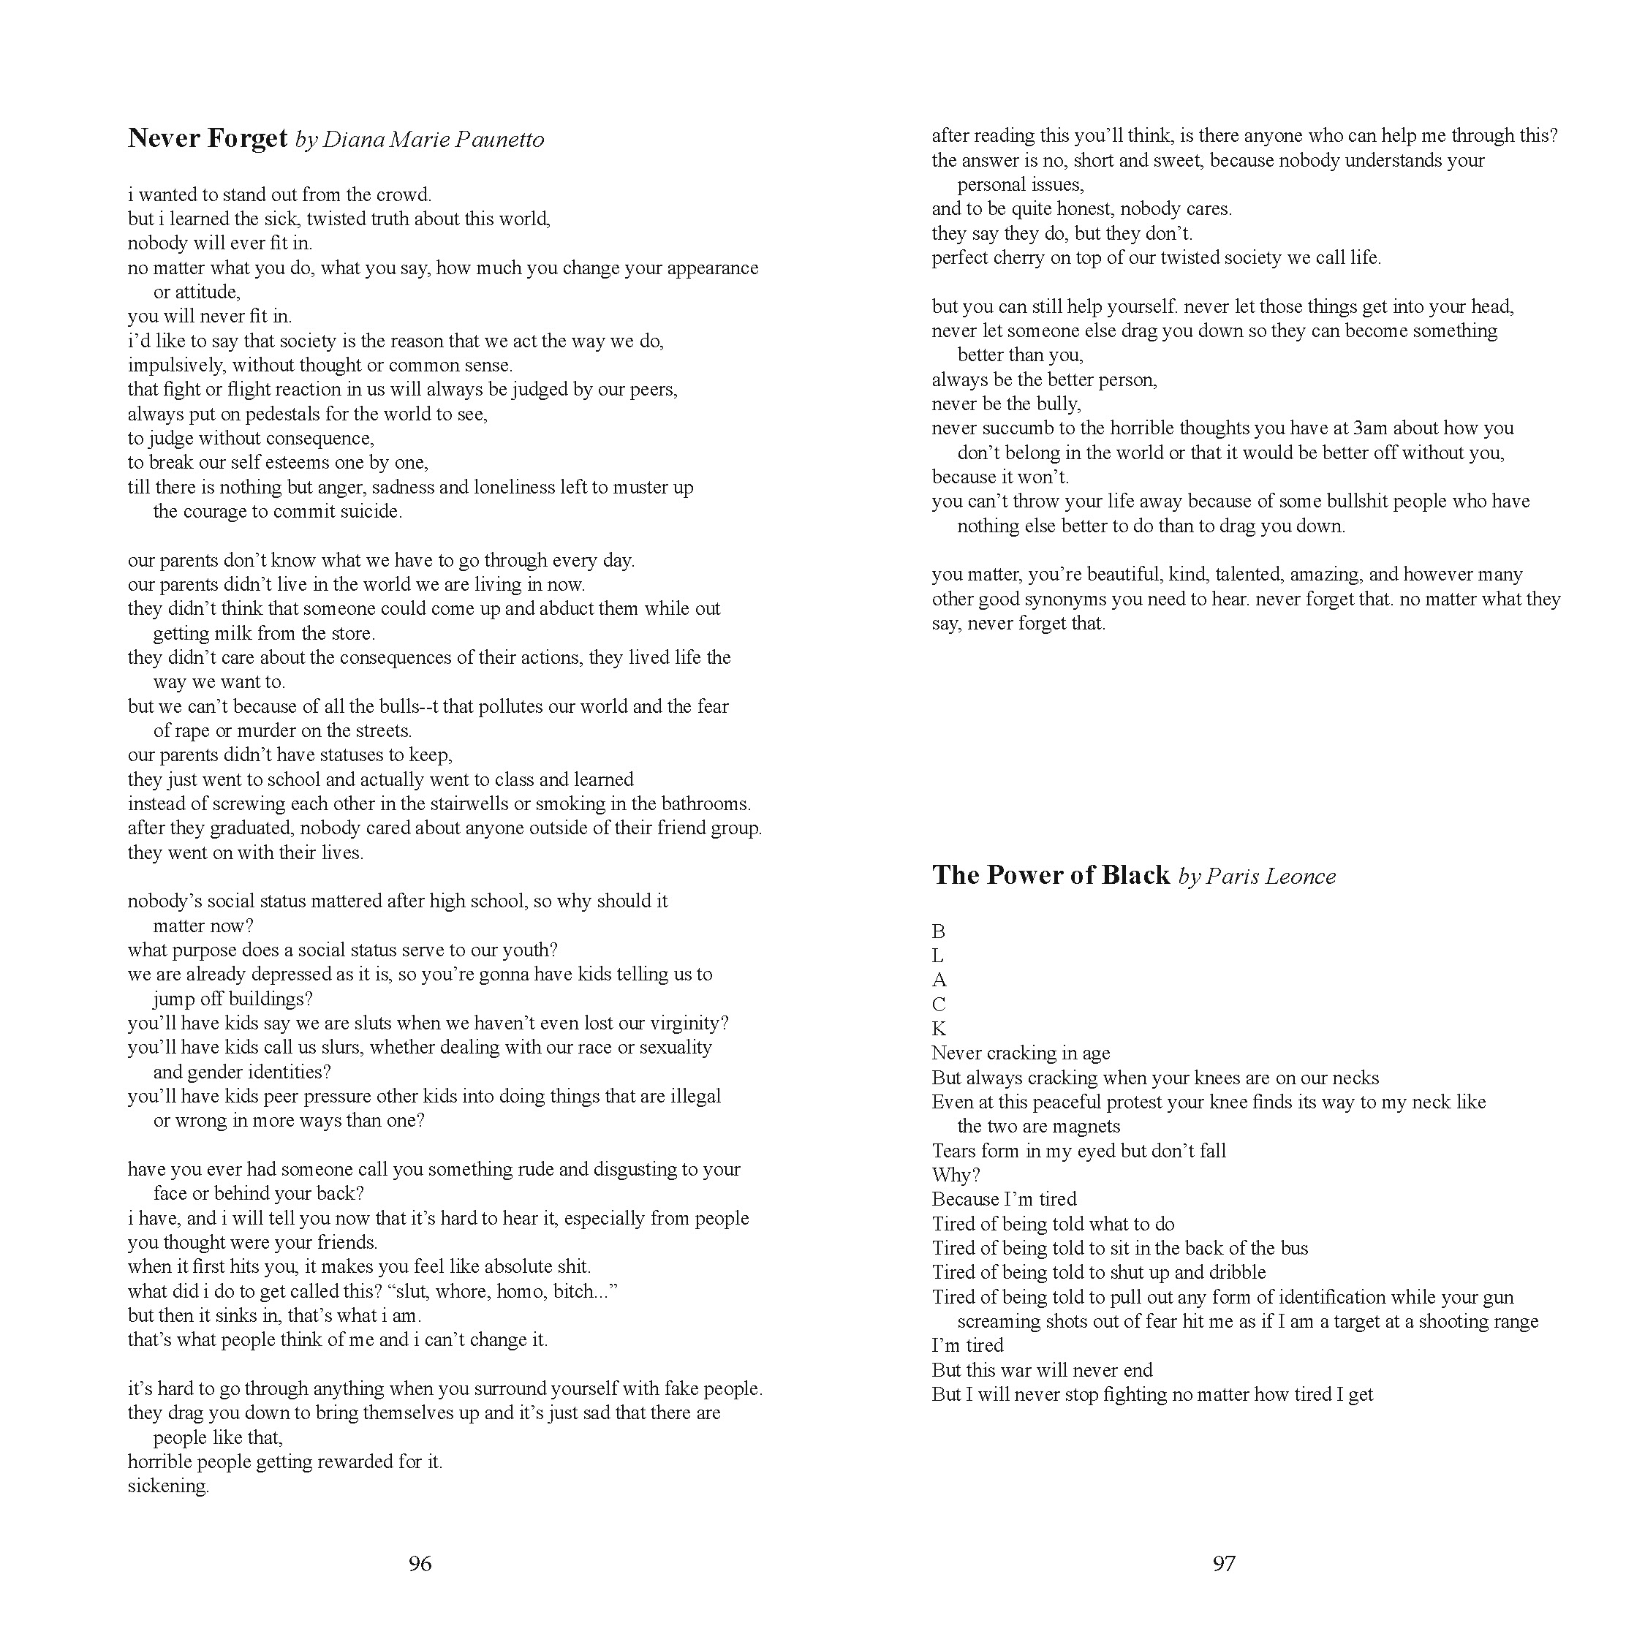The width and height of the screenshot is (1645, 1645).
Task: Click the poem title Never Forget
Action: pos(207,138)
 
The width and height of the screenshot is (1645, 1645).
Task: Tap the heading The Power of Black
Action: pos(1051,875)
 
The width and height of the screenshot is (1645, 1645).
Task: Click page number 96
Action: pos(420,1563)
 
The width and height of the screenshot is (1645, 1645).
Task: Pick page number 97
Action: pos(1224,1563)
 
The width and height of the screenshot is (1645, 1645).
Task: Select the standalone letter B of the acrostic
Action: pos(938,931)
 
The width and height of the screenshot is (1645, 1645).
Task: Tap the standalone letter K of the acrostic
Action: pos(938,1029)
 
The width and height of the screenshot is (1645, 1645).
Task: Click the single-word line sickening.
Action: pos(167,1486)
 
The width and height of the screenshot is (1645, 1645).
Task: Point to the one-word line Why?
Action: pos(956,1176)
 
